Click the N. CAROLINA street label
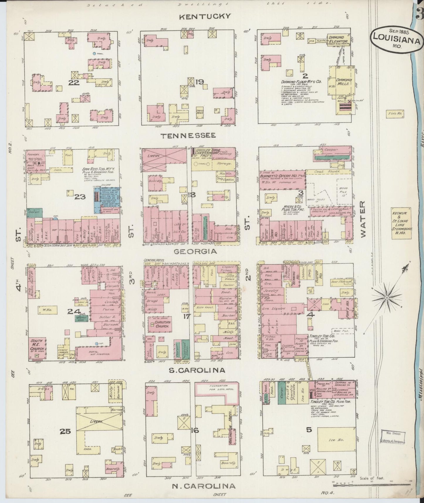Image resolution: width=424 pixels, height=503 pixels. (x=203, y=486)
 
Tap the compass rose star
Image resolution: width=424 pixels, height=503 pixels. (x=387, y=298)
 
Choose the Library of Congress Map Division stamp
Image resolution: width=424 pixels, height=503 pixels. (x=393, y=436)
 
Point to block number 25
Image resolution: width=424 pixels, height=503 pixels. (x=65, y=431)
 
